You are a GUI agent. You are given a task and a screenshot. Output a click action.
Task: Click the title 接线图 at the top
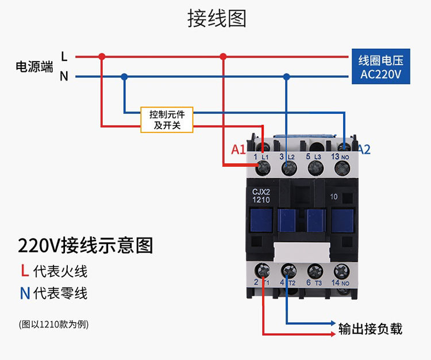pos(216,18)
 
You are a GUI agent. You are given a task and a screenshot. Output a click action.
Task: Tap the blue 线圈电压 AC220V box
pos(380,67)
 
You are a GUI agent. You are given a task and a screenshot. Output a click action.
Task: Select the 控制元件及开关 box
pos(167,120)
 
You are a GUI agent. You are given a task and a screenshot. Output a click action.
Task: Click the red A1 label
pos(238,150)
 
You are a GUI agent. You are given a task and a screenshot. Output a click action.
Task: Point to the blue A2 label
pos(364,150)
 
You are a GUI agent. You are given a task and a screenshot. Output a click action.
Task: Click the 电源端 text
pos(34,67)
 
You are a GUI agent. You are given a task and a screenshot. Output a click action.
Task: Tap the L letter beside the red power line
pos(64,56)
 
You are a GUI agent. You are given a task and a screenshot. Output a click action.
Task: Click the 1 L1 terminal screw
pos(264,167)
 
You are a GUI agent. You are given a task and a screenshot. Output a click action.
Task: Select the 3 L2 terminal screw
pos(289,167)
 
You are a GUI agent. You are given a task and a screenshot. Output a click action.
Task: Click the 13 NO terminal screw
pos(341,167)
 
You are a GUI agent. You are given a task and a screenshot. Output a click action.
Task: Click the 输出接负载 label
pos(370,329)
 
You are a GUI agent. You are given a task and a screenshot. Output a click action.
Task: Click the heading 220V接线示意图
pos(86,246)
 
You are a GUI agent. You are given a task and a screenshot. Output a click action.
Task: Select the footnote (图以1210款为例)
pos(54,324)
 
